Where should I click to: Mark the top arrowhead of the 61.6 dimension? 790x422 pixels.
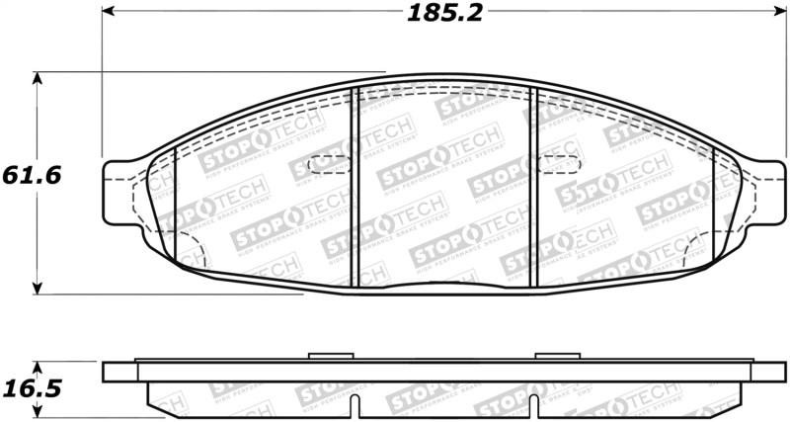(x=38, y=77)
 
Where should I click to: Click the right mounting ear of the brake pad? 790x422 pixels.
(x=766, y=188)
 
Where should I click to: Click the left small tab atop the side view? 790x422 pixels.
(x=324, y=357)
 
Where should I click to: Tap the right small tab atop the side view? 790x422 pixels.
(x=548, y=357)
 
